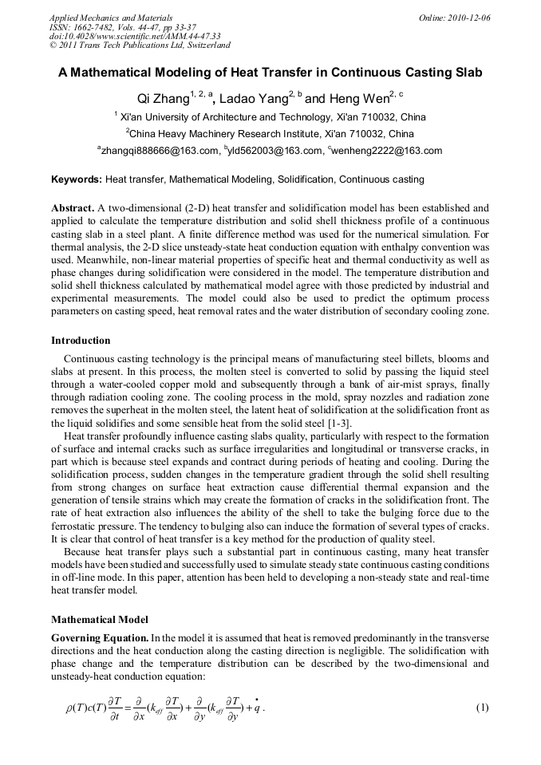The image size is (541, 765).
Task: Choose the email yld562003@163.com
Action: click(274, 150)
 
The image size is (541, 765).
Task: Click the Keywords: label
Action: click(77, 179)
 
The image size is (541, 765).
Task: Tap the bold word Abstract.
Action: click(73, 208)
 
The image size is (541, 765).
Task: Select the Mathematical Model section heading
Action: click(100, 619)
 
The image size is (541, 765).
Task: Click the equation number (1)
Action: click(482, 708)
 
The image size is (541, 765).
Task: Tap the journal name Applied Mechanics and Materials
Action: click(111, 18)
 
